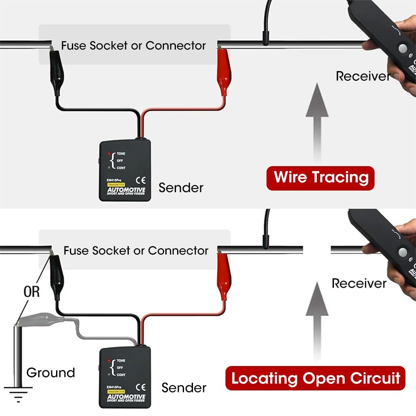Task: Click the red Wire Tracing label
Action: pyautogui.click(x=320, y=178)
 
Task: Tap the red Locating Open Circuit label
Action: pyautogui.click(x=316, y=378)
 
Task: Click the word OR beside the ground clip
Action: pyautogui.click(x=32, y=292)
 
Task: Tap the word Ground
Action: pyautogui.click(x=50, y=373)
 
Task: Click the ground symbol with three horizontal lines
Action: pyautogui.click(x=18, y=393)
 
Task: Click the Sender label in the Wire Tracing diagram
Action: pyautogui.click(x=181, y=188)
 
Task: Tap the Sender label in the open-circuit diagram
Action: pyautogui.click(x=184, y=388)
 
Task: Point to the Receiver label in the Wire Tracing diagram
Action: pyautogui.click(x=363, y=76)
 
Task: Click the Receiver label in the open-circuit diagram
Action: pyautogui.click(x=359, y=283)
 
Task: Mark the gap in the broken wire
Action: pyautogui.click(x=317, y=250)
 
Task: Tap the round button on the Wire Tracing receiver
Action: pyautogui.click(x=402, y=48)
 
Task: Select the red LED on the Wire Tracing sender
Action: pyautogui.click(x=110, y=154)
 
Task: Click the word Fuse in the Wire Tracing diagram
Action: pyautogui.click(x=74, y=45)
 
